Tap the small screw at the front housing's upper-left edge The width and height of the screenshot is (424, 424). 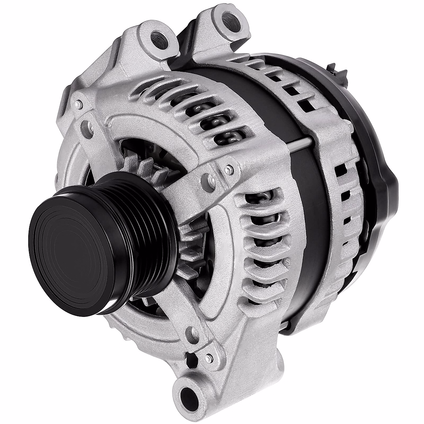(x=78, y=105)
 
